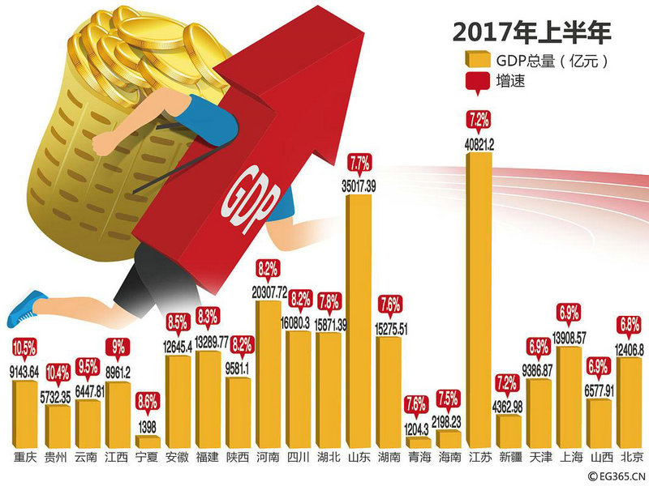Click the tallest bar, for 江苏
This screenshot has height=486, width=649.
click(x=479, y=300)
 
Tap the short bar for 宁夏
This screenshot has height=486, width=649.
click(x=147, y=441)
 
